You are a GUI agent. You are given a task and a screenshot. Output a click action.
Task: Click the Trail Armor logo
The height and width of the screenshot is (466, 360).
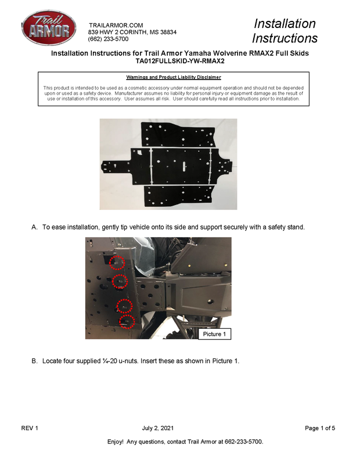(x=49, y=28)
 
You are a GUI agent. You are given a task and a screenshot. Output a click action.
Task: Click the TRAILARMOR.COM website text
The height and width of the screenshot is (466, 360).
(x=116, y=26)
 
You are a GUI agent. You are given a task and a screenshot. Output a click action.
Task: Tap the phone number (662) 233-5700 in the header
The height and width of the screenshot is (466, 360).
(x=108, y=40)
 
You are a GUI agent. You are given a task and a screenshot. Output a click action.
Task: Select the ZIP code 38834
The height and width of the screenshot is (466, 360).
(x=168, y=33)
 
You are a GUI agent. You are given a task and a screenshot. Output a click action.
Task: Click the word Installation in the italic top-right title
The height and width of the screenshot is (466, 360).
(x=285, y=24)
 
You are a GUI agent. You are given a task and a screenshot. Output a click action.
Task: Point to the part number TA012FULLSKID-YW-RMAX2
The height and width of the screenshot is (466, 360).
(x=180, y=62)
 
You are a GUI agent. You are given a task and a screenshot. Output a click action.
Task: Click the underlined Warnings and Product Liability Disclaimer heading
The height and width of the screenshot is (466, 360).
(x=174, y=77)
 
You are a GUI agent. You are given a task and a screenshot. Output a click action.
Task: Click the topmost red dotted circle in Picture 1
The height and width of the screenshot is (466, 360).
(x=117, y=263)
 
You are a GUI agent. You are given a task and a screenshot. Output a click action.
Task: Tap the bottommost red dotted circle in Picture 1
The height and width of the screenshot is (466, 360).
(x=127, y=322)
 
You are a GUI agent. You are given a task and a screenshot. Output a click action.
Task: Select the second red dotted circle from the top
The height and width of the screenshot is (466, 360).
(x=120, y=281)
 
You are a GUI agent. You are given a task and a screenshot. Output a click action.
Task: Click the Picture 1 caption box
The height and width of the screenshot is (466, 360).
(x=214, y=334)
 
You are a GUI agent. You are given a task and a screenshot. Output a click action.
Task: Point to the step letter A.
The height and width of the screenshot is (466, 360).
(x=34, y=227)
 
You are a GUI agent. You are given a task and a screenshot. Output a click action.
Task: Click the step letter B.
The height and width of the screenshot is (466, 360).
(x=34, y=361)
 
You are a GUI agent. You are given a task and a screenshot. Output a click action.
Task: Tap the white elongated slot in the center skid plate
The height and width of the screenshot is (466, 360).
(x=184, y=167)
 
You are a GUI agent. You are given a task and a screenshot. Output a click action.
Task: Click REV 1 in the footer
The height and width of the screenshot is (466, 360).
(x=30, y=428)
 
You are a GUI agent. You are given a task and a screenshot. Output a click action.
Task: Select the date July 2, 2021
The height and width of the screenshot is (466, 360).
(x=158, y=428)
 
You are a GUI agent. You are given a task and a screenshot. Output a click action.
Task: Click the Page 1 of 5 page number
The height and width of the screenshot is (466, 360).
(x=320, y=428)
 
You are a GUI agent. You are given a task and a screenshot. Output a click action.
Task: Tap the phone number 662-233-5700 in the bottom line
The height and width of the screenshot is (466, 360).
(x=243, y=442)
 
